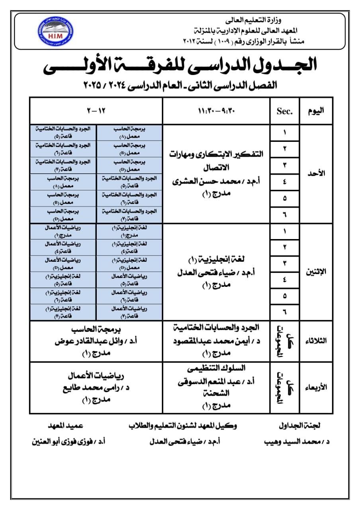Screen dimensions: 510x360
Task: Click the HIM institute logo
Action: [x=55, y=31]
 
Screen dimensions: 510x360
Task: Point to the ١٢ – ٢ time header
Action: [x=96, y=111]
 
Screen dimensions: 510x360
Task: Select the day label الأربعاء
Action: [x=317, y=387]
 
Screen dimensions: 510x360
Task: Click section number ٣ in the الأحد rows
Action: [x=284, y=165]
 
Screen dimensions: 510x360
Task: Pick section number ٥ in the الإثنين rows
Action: [x=284, y=296]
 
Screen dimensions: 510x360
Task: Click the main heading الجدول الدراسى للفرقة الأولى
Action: [x=180, y=65]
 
